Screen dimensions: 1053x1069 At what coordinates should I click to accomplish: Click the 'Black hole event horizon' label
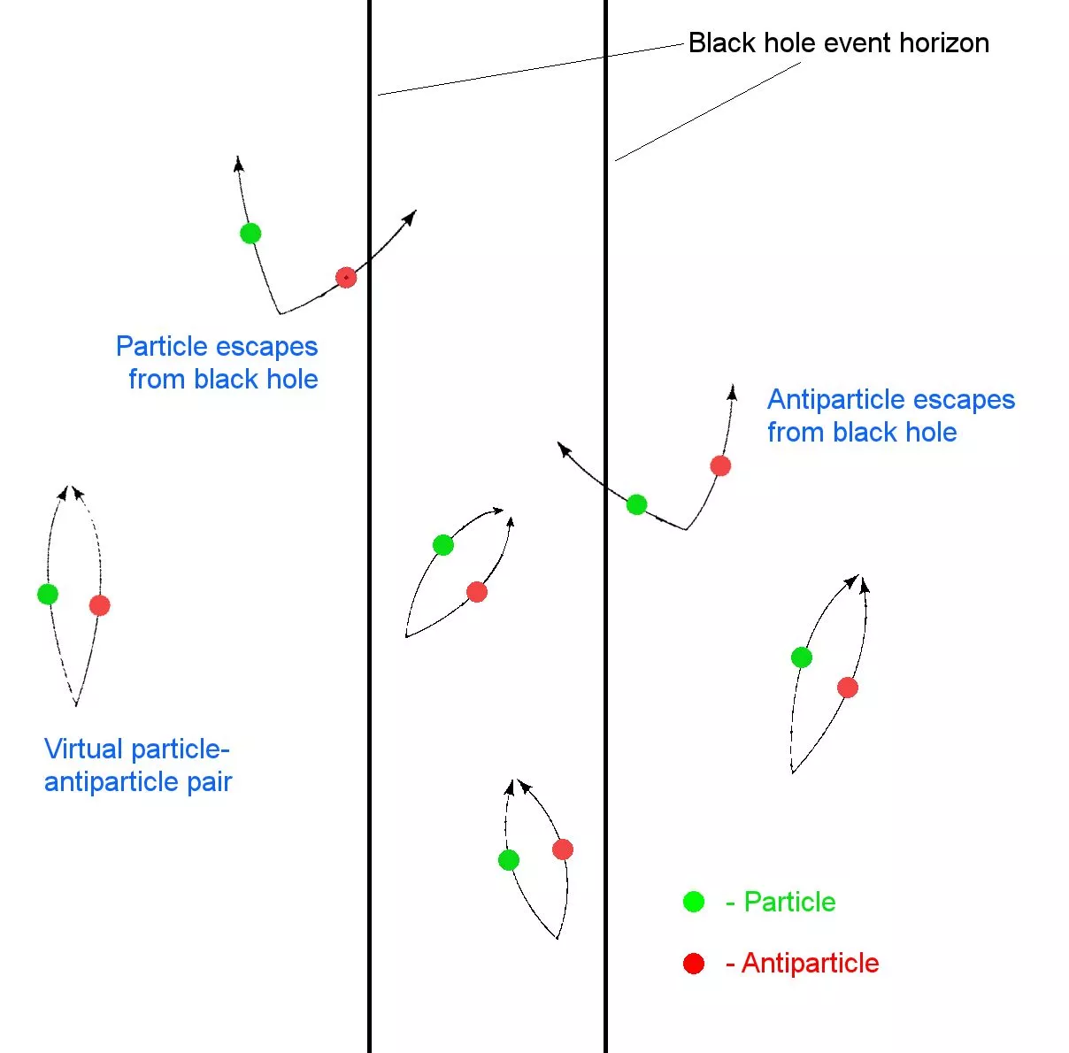pyautogui.click(x=838, y=42)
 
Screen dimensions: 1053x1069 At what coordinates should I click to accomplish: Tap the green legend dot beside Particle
pyautogui.click(x=694, y=902)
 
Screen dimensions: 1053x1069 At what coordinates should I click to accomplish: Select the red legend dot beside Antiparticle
pyautogui.click(x=694, y=964)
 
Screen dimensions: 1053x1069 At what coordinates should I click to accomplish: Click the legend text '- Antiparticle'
pyautogui.click(x=803, y=963)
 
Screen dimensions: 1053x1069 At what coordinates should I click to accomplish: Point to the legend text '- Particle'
pyautogui.click(x=781, y=902)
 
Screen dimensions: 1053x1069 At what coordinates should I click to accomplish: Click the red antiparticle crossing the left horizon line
pyautogui.click(x=346, y=278)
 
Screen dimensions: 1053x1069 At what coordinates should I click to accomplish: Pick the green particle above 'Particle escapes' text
pyautogui.click(x=250, y=234)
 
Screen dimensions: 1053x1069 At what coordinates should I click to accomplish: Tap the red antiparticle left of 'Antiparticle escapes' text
pyautogui.click(x=720, y=465)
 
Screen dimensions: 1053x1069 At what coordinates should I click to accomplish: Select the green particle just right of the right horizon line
pyautogui.click(x=636, y=505)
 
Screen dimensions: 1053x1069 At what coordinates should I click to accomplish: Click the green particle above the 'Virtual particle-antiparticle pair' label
pyautogui.click(x=48, y=594)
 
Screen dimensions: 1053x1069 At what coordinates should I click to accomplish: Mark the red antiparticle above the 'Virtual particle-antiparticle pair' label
pyautogui.click(x=99, y=605)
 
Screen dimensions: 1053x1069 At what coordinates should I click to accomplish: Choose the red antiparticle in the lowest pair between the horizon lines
pyautogui.click(x=563, y=849)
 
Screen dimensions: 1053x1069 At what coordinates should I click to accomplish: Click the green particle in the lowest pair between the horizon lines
pyautogui.click(x=508, y=859)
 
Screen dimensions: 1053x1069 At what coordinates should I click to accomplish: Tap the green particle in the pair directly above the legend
pyautogui.click(x=801, y=657)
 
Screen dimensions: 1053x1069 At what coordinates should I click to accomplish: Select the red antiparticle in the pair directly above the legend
pyautogui.click(x=848, y=688)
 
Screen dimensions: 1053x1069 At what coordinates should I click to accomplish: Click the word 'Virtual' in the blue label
pyautogui.click(x=84, y=749)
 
